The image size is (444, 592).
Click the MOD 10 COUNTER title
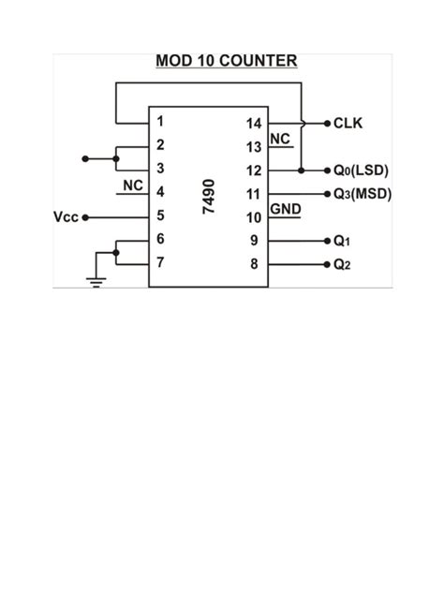[x=226, y=62]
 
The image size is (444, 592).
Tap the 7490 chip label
[x=209, y=196]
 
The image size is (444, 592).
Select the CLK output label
[x=348, y=123]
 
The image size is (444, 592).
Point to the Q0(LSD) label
[x=361, y=170]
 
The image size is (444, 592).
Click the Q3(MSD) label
[x=362, y=194]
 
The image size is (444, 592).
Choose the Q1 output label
[x=342, y=241]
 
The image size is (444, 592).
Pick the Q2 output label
[x=342, y=264]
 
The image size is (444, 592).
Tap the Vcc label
[x=66, y=217]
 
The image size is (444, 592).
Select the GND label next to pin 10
[x=285, y=208]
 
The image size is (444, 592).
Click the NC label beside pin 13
[x=280, y=139]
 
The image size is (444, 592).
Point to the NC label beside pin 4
[x=133, y=185]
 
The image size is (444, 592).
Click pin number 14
[x=253, y=123]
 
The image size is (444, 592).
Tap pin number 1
[x=161, y=121]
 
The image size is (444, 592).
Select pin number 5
[x=161, y=215]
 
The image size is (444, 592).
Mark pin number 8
[x=253, y=264]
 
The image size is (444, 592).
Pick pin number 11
[x=253, y=194]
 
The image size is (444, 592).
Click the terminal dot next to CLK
[x=326, y=123]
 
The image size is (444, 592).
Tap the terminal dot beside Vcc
[x=85, y=217]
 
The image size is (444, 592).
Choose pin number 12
[x=253, y=170]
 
